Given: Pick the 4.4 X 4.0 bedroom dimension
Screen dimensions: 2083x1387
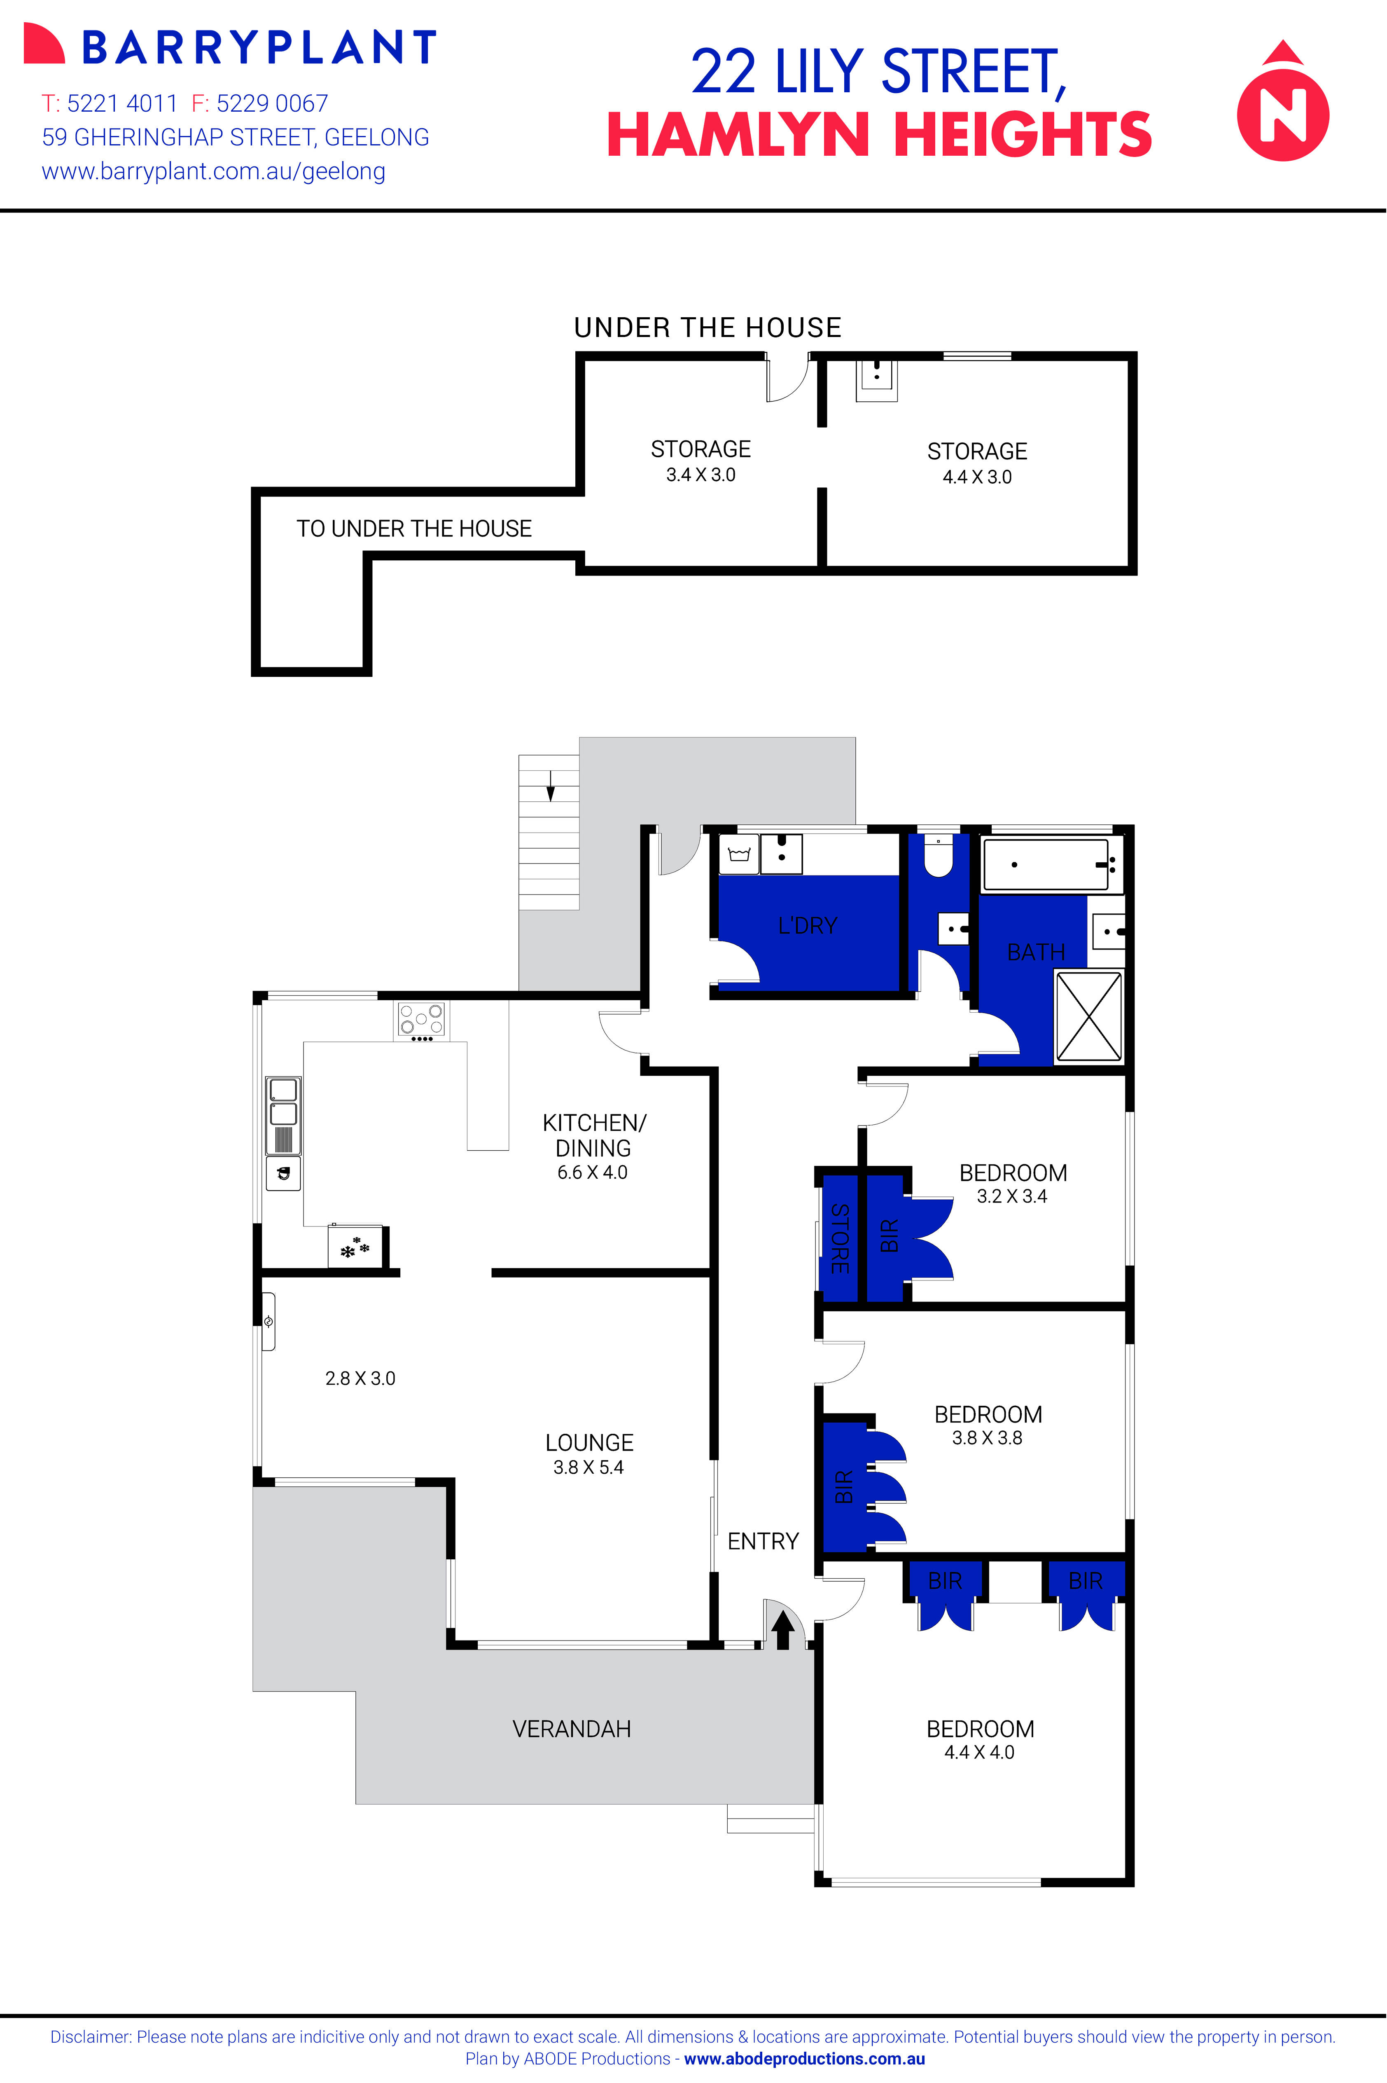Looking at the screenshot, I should click(979, 1752).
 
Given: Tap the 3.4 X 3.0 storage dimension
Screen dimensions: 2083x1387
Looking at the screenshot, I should click(701, 475).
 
